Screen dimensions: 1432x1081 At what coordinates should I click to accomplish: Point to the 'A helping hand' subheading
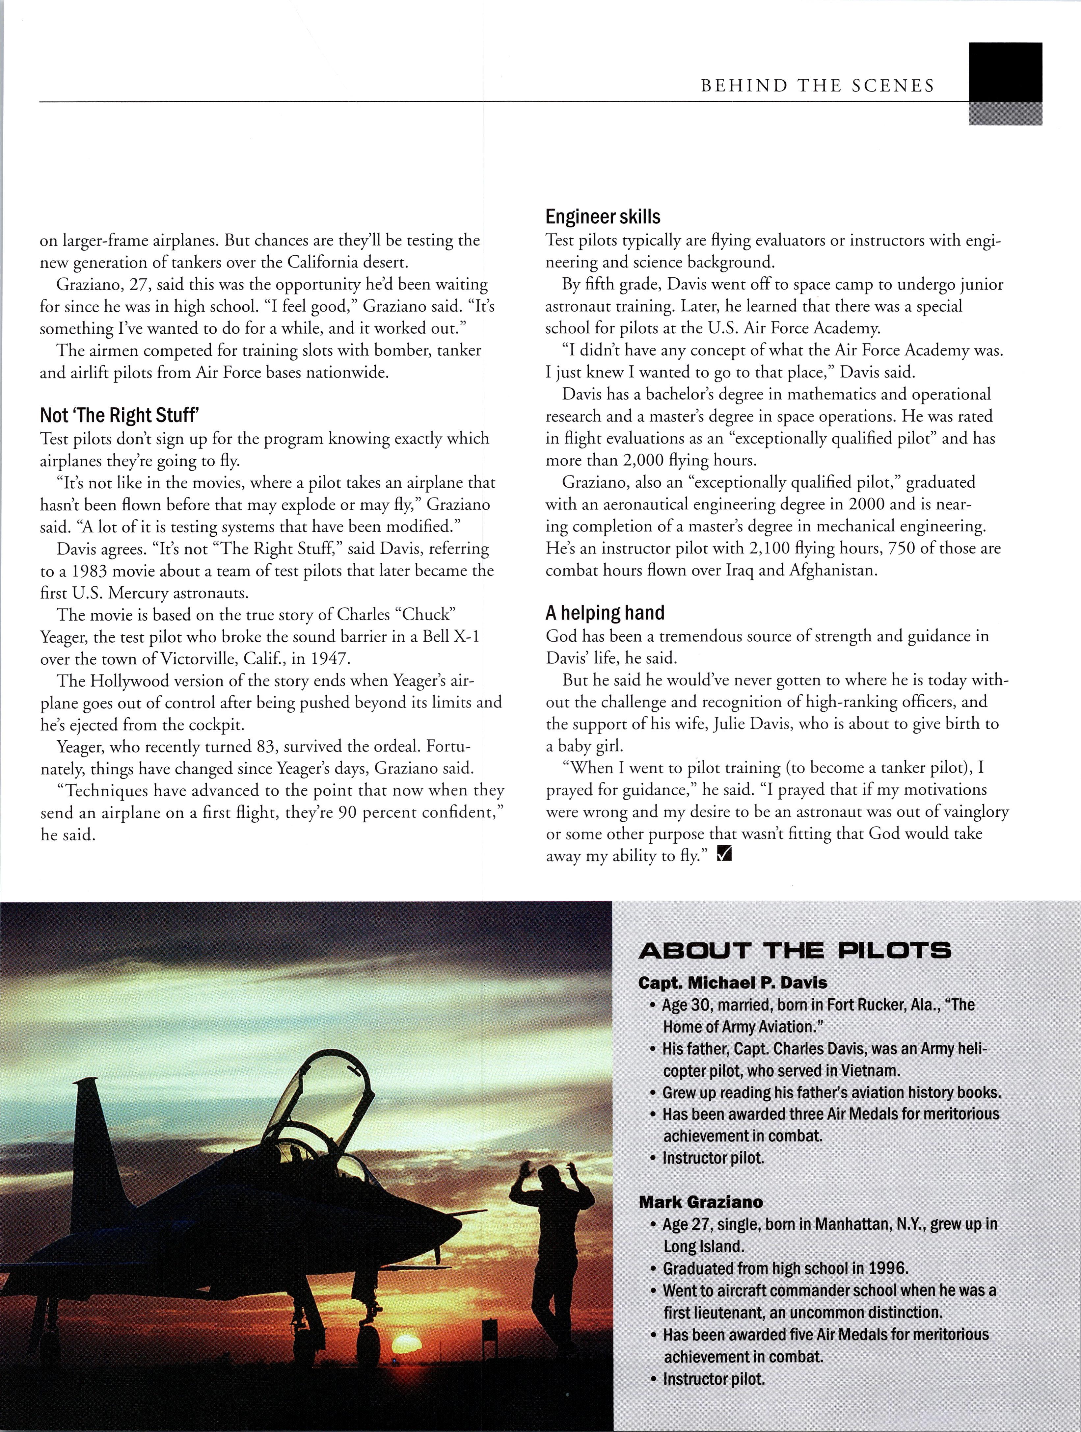[606, 612]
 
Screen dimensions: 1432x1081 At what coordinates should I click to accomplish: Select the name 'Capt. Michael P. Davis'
[733, 983]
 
